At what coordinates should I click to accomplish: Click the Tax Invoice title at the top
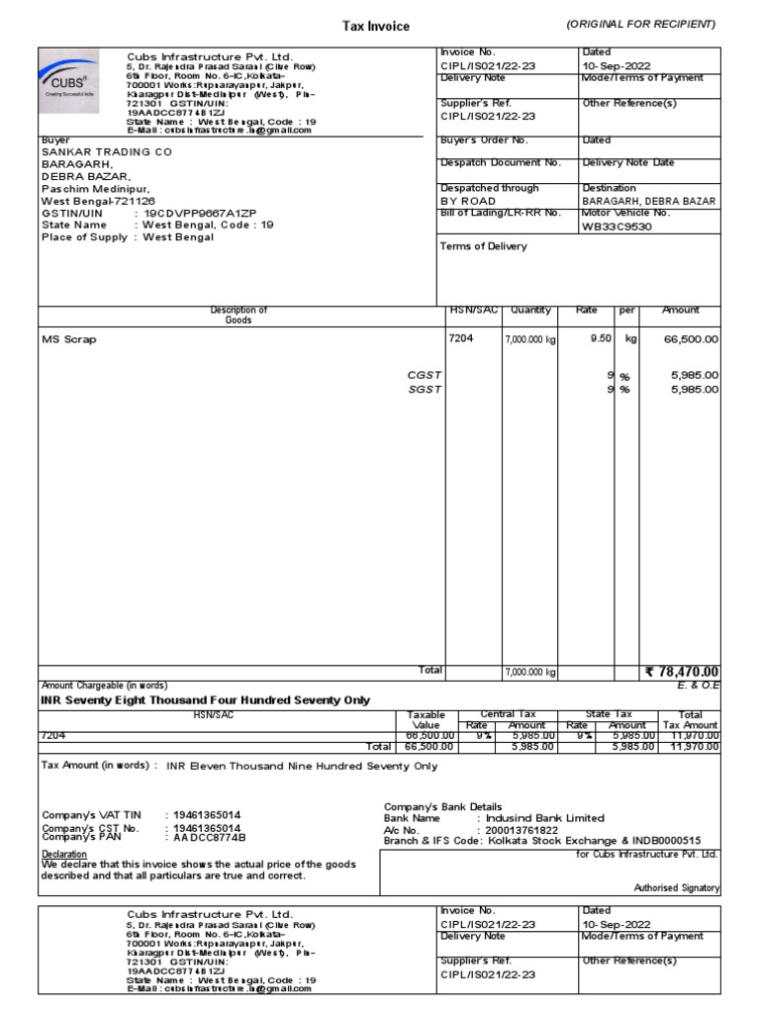375,27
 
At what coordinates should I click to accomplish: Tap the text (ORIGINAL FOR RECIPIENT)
640,24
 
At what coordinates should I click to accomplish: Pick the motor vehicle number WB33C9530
617,226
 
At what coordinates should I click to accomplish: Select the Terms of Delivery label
483,246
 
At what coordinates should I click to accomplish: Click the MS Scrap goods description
69,339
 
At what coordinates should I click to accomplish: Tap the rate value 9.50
600,338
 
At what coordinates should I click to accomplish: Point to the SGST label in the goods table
425,390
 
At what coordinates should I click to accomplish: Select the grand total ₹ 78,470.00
682,672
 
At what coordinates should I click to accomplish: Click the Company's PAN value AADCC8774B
209,838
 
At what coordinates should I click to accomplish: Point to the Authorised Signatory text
677,888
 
